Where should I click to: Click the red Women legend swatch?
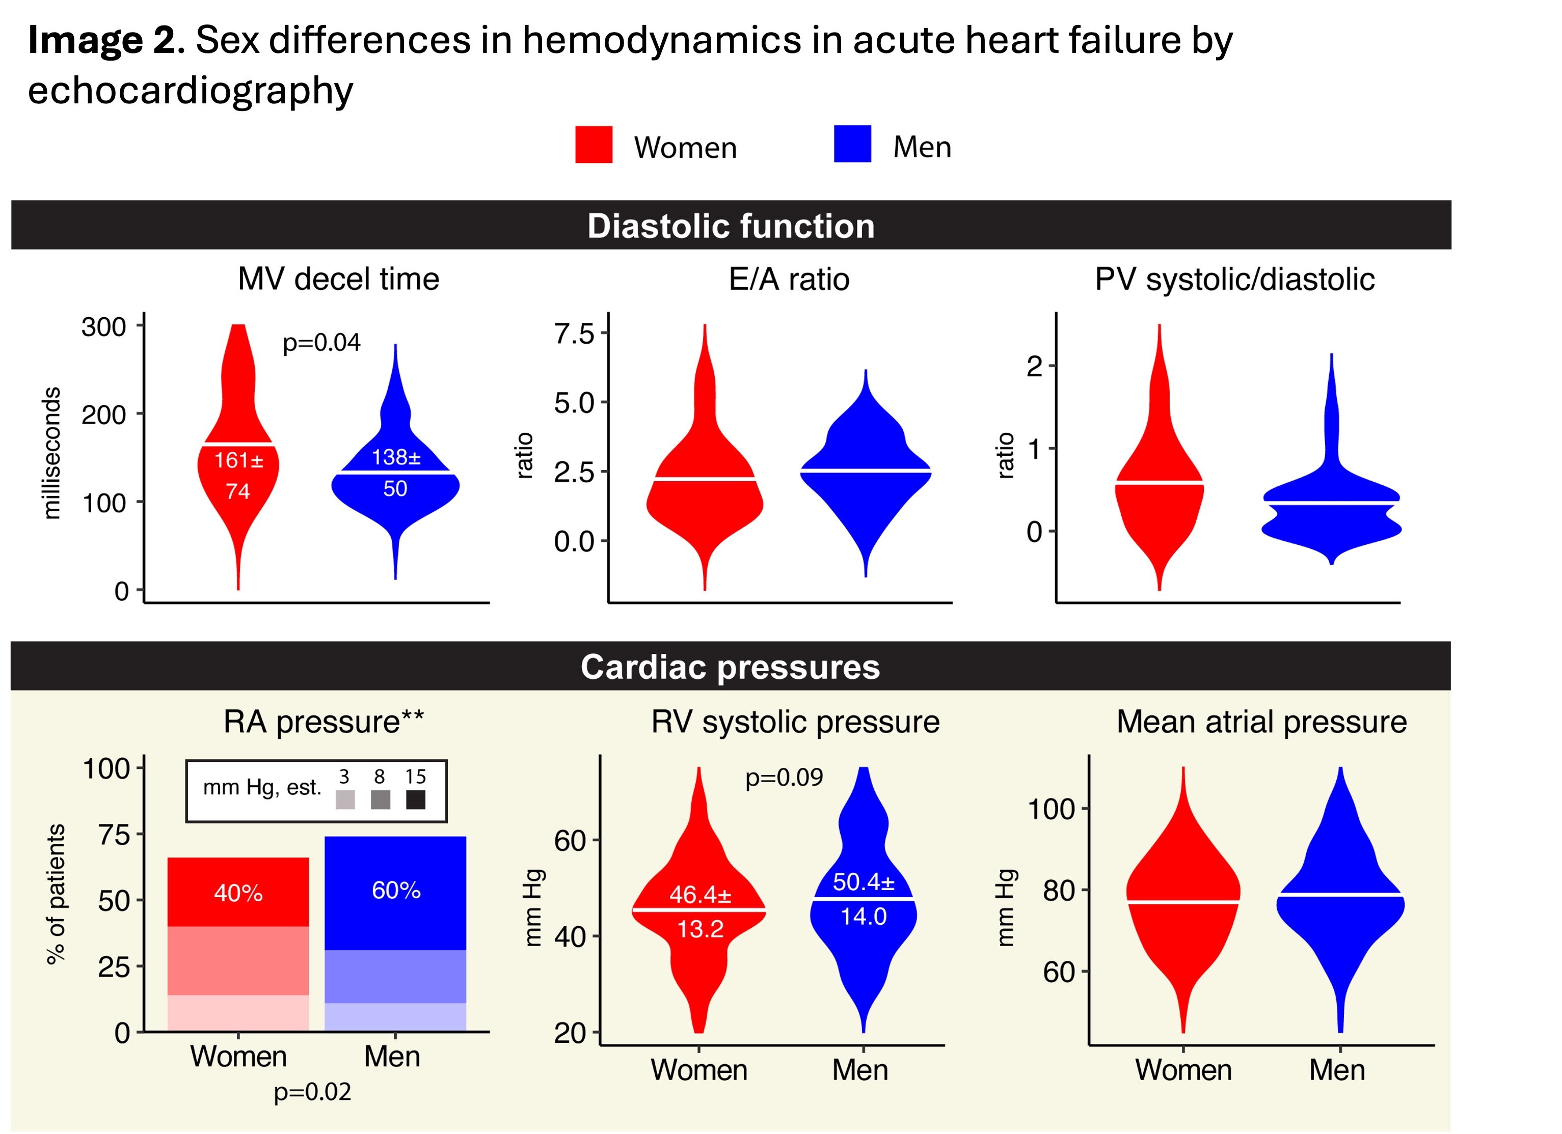pos(594,145)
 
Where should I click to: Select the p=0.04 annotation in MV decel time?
pos(321,342)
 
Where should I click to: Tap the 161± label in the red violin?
pos(238,460)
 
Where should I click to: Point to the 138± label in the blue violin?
pos(395,457)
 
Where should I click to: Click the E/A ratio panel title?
pos(789,280)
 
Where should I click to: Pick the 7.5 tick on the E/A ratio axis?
pos(574,334)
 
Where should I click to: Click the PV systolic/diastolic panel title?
pos(1234,280)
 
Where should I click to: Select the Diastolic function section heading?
pos(731,226)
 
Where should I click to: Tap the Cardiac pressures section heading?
pos(730,667)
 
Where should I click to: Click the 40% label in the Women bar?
pos(238,893)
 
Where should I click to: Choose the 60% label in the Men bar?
pos(396,890)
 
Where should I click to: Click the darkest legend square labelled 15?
pos(415,799)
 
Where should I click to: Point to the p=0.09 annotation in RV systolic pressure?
pos(784,778)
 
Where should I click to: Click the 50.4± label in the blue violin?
pos(864,882)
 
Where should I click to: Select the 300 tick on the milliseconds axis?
pos(103,327)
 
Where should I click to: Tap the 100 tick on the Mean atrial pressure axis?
pos(1051,809)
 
